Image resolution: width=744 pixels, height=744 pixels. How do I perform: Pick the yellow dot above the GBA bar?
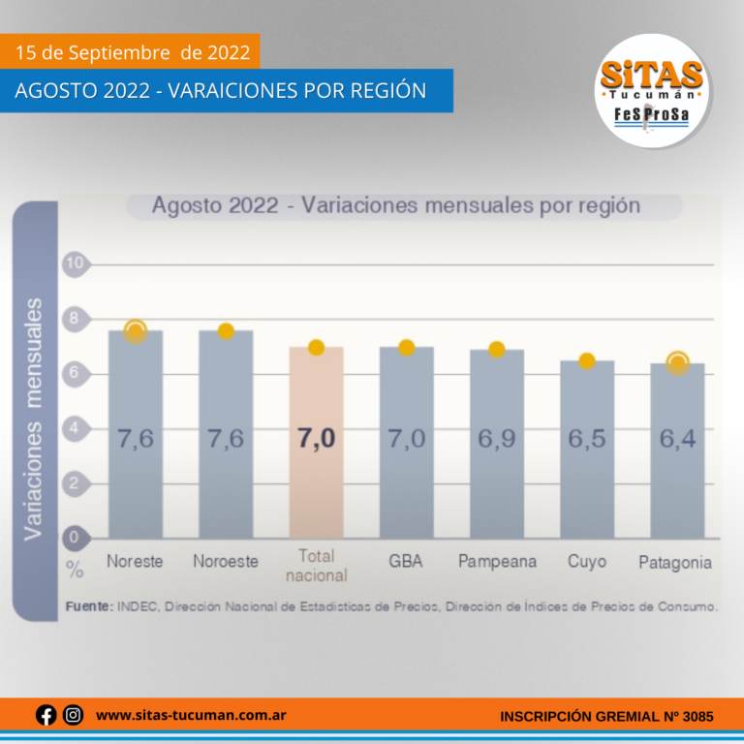click(x=407, y=348)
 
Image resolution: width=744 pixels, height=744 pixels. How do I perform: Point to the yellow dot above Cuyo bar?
click(x=586, y=360)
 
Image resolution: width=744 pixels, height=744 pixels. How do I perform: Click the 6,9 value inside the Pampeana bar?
click(x=496, y=439)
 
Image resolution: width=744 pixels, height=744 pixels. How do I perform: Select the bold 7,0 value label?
click(x=316, y=439)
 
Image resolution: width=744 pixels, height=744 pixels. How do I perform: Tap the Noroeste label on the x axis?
click(x=226, y=562)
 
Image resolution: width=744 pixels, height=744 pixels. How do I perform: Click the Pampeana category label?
click(x=496, y=562)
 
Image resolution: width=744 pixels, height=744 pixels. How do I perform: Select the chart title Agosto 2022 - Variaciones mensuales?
click(x=395, y=206)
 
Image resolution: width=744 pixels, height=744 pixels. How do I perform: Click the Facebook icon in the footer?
click(x=46, y=716)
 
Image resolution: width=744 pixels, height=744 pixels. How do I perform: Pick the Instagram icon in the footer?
click(x=73, y=716)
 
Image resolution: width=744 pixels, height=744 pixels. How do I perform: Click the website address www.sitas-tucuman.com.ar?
click(x=190, y=716)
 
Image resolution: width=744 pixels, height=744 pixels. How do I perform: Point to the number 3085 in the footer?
click(x=697, y=717)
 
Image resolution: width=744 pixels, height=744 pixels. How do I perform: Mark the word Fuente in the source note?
click(x=89, y=606)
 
